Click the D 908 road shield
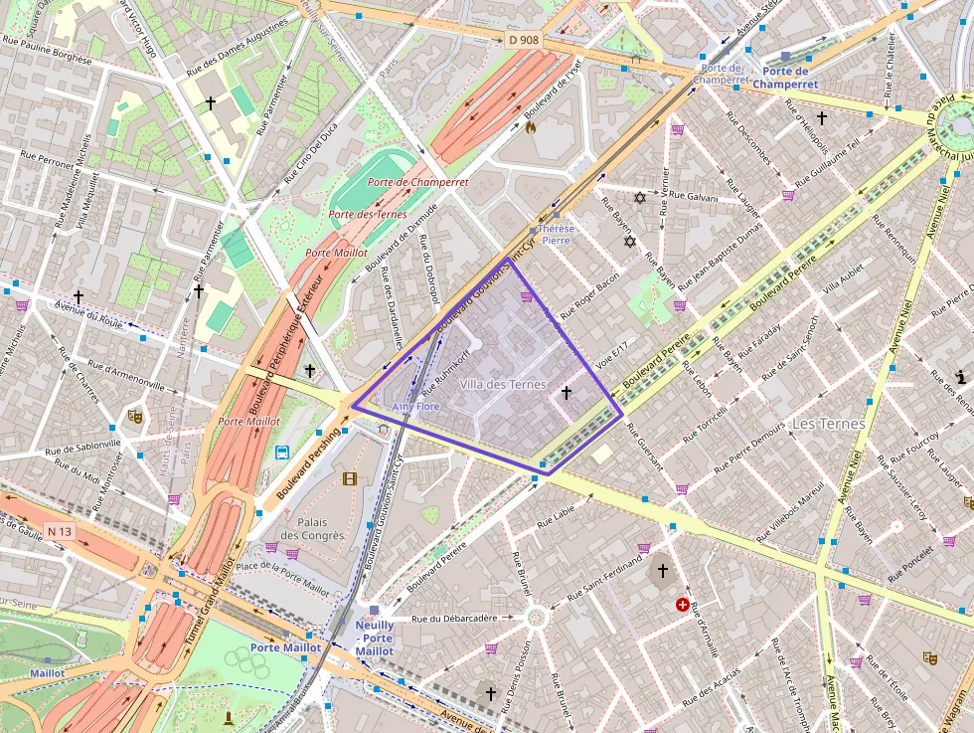coord(523,40)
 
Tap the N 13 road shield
coord(61,531)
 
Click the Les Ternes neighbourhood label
coord(829,424)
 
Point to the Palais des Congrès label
coord(312,528)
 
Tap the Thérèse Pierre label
coord(556,234)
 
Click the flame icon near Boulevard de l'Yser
coord(531,127)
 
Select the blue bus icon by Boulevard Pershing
coord(282,453)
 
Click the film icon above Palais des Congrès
coord(349,478)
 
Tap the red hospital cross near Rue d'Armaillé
coord(683,604)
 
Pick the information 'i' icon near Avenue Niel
coord(961,376)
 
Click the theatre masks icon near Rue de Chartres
coord(135,416)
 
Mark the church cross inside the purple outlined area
coord(567,393)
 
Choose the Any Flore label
coord(414,407)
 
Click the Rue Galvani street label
coord(695,197)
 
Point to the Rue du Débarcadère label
coord(454,618)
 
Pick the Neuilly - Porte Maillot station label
coord(374,638)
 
